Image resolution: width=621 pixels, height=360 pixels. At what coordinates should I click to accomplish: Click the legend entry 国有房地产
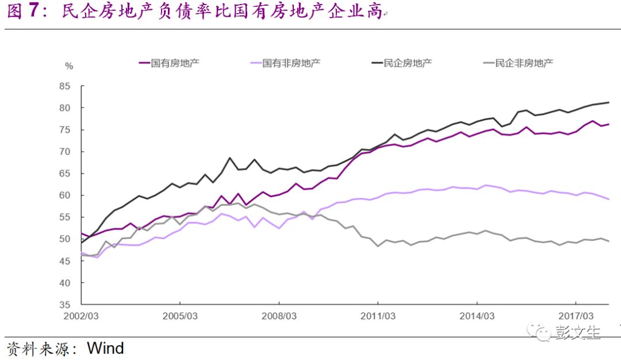pyautogui.click(x=175, y=62)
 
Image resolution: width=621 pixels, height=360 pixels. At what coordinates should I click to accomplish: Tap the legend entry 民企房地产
pyautogui.click(x=408, y=62)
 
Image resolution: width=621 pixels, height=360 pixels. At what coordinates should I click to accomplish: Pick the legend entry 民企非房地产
pyautogui.click(x=523, y=62)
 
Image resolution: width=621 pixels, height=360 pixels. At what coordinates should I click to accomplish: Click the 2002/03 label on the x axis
pyautogui.click(x=81, y=316)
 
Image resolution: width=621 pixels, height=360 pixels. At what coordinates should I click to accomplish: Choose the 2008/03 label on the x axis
pyautogui.click(x=279, y=316)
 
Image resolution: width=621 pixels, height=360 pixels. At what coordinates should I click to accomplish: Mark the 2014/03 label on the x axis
pyautogui.click(x=477, y=316)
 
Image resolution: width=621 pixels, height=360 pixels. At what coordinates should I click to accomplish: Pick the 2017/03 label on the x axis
pyautogui.click(x=576, y=316)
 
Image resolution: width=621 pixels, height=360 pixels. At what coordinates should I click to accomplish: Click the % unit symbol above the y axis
pyautogui.click(x=69, y=66)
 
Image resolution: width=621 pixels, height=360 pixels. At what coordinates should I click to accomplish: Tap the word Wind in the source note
pyautogui.click(x=105, y=348)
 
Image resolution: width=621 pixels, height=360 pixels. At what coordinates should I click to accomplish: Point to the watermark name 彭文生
pyautogui.click(x=578, y=332)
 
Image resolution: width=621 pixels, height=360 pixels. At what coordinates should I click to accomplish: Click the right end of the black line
pyautogui.click(x=609, y=102)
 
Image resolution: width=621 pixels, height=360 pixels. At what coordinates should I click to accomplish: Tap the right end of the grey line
pyautogui.click(x=609, y=241)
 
